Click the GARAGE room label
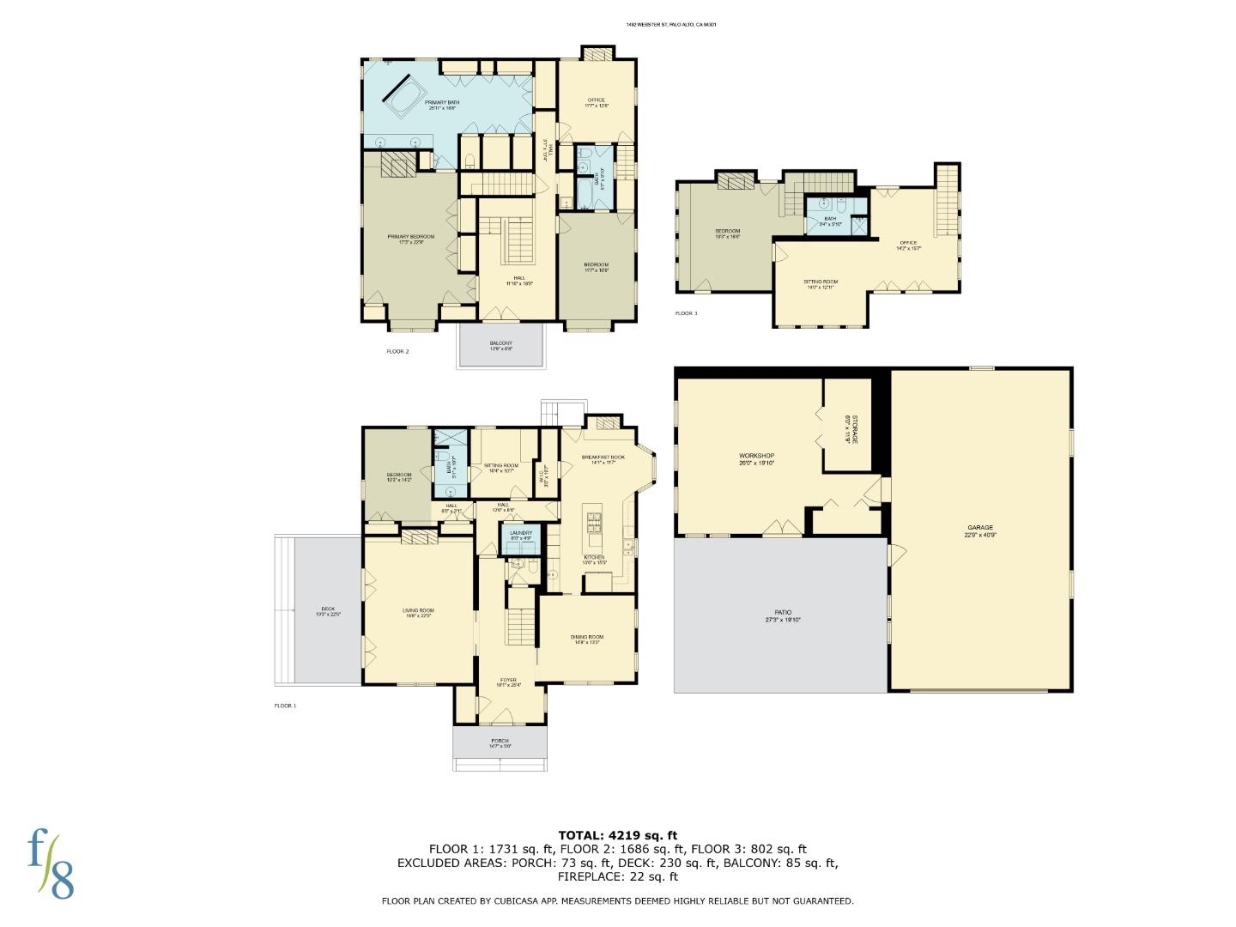(x=980, y=528)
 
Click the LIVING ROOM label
(x=418, y=611)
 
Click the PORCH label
(x=500, y=741)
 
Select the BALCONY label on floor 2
(x=501, y=343)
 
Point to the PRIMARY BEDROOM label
(x=410, y=237)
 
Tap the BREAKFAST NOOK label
(x=603, y=457)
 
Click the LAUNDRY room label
(x=520, y=533)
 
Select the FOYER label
(x=508, y=682)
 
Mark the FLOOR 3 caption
(x=686, y=313)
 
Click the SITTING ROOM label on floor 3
(x=821, y=282)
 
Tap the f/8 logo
(x=51, y=863)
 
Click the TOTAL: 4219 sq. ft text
(x=617, y=834)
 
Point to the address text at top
(x=670, y=25)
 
